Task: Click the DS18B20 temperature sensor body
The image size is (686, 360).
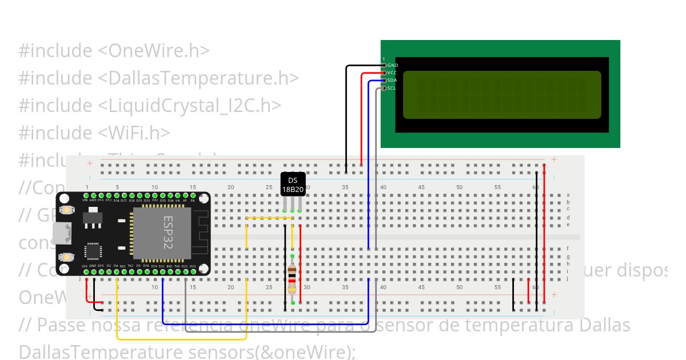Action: click(293, 185)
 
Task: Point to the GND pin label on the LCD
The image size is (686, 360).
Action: click(393, 65)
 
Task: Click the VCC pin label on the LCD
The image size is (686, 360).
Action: click(392, 73)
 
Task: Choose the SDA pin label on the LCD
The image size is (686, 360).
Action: click(392, 80)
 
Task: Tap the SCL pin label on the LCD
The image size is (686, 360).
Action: click(392, 88)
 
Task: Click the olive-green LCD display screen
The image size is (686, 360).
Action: click(502, 94)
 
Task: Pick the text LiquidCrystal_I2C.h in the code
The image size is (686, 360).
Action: click(190, 105)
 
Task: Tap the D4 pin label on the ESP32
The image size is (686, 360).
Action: click(116, 266)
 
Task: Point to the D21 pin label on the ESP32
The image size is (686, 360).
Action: click(162, 266)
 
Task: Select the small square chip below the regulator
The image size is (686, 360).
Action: click(93, 251)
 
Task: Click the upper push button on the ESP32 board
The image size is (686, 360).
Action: click(67, 210)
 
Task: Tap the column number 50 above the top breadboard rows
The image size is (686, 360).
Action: click(459, 187)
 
